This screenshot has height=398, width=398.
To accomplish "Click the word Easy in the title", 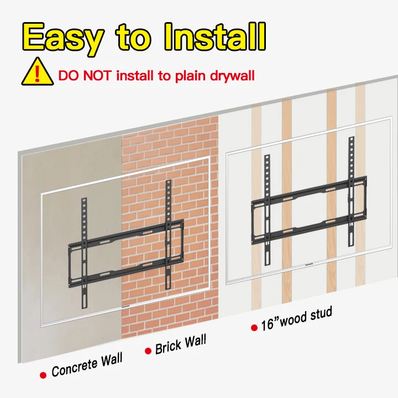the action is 63,38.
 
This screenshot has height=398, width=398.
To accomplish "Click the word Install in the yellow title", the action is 215,37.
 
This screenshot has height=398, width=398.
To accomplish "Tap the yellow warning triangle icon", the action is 38,71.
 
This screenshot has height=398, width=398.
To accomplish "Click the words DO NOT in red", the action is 85,76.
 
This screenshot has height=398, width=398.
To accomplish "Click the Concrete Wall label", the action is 87,365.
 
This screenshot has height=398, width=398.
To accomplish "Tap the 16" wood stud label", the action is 296,319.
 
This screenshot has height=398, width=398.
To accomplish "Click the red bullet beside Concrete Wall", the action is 43,375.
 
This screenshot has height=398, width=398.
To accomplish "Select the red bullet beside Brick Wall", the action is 148,351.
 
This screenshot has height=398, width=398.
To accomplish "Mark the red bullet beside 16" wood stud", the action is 254,328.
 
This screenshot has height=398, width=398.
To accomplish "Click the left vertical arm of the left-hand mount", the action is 84,253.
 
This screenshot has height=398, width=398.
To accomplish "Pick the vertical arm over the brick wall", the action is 168,234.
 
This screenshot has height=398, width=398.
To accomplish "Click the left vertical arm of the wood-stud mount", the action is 268,210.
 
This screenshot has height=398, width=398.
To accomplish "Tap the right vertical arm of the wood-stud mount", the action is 352,192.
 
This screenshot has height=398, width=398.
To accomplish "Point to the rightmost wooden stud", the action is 360,185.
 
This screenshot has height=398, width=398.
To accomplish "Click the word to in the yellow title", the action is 134,38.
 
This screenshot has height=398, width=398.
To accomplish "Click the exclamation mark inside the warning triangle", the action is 38,74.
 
